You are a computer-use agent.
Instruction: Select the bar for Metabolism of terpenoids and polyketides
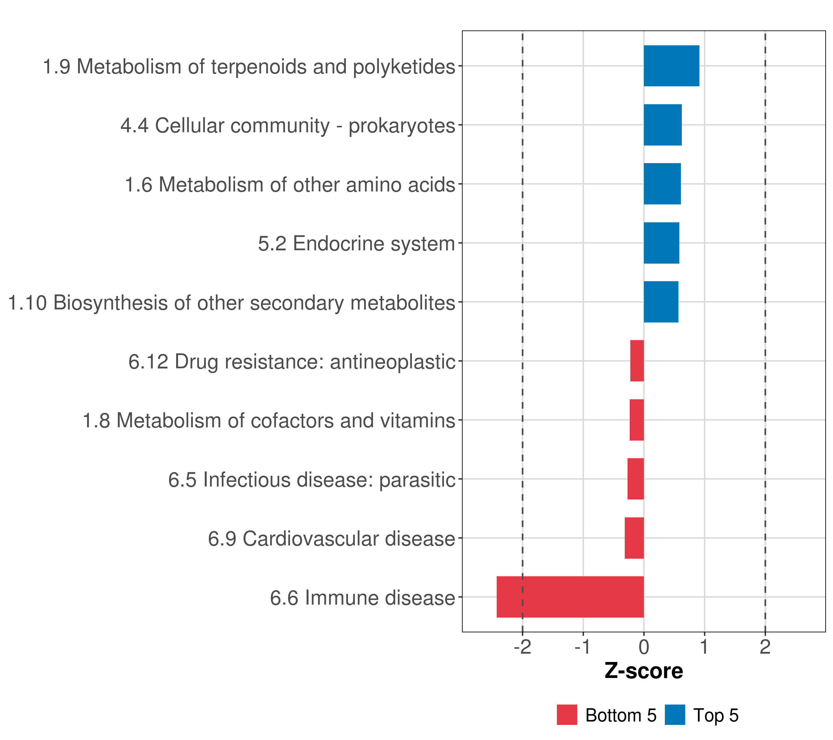[671, 66]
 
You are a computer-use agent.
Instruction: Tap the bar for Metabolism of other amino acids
[662, 184]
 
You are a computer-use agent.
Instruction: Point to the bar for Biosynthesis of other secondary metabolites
[661, 302]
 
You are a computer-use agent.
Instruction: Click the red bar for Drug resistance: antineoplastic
[637, 361]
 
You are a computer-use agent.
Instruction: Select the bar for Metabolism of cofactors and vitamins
[636, 420]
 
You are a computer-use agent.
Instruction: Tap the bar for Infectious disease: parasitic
[635, 479]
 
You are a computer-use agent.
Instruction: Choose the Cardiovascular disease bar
[634, 538]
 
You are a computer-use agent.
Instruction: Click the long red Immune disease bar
[570, 597]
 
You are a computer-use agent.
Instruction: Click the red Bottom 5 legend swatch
[567, 715]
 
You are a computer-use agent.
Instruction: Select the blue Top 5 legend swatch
[675, 715]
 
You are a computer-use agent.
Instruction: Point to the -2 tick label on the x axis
[522, 647]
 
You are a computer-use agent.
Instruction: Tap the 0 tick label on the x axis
[644, 647]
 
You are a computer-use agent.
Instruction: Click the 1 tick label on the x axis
[704, 647]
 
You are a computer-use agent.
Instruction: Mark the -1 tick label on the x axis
[583, 647]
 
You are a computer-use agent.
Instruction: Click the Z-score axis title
[644, 671]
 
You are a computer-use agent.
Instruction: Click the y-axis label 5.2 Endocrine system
[356, 244]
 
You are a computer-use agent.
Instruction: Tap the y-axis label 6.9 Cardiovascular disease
[331, 539]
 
